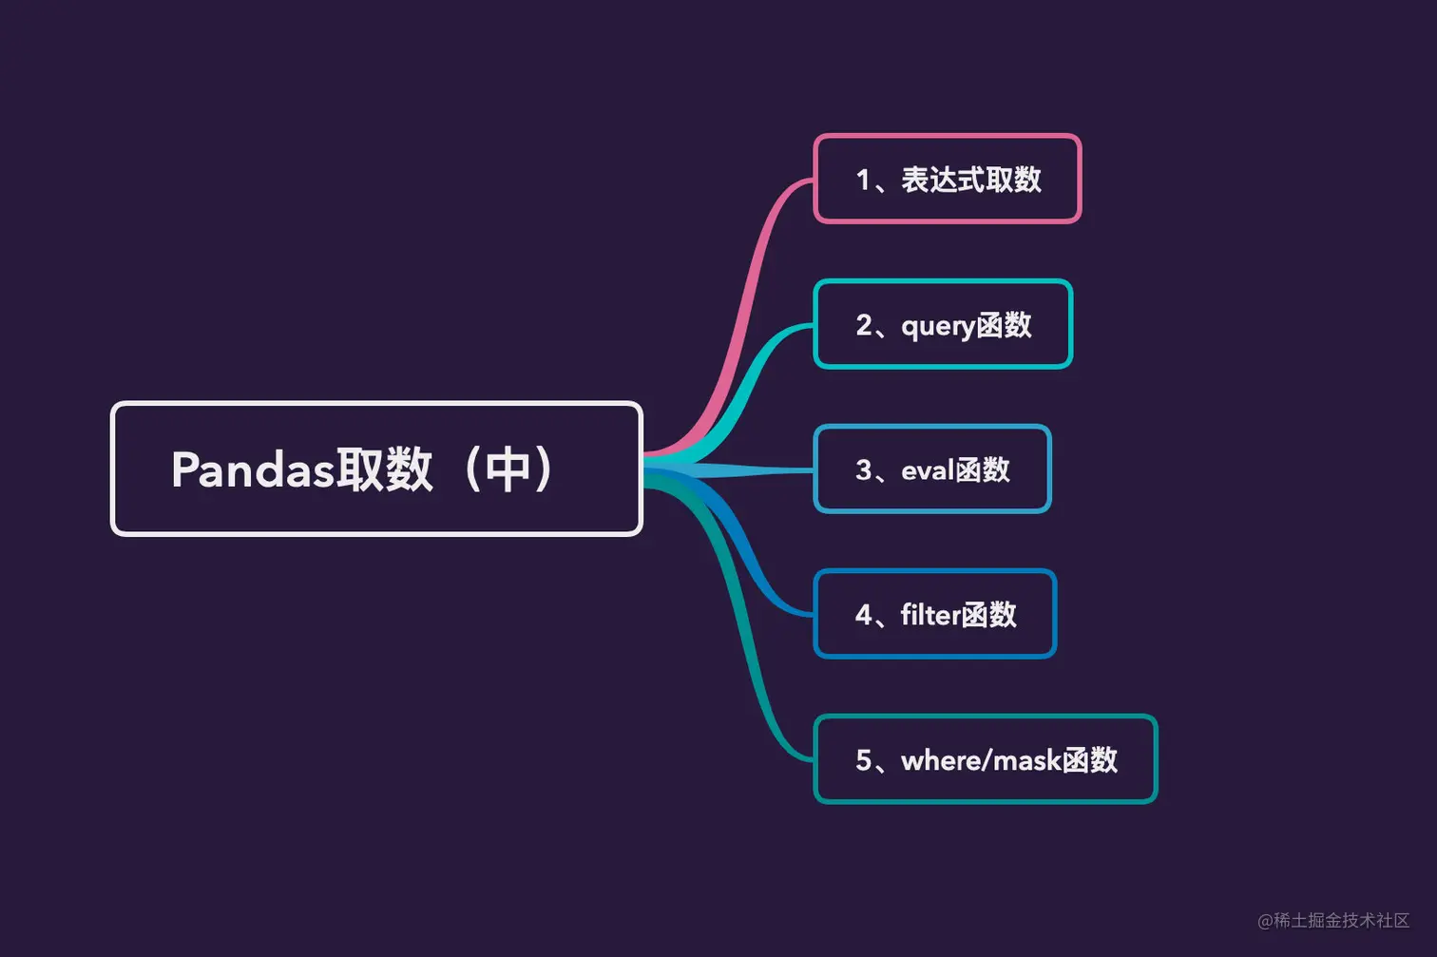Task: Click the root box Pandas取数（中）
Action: [x=376, y=469]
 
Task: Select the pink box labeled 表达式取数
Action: [x=947, y=179]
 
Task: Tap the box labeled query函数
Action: [x=943, y=324]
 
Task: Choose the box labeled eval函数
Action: [x=931, y=469]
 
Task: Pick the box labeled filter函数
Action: [x=934, y=614]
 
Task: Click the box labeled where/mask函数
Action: [x=985, y=759]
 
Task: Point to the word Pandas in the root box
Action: [x=253, y=469]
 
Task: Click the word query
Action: [x=937, y=327]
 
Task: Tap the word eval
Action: [x=927, y=470]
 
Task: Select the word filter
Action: [x=930, y=615]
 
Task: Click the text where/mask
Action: [x=981, y=760]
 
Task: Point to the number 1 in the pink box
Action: [x=863, y=180]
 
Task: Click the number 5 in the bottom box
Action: [x=863, y=760]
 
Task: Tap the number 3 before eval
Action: [x=863, y=470]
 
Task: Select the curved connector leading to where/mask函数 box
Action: [x=751, y=665]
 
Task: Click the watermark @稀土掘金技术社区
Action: [x=1332, y=920]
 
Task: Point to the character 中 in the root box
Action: [x=508, y=469]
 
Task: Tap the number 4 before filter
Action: [x=863, y=615]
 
